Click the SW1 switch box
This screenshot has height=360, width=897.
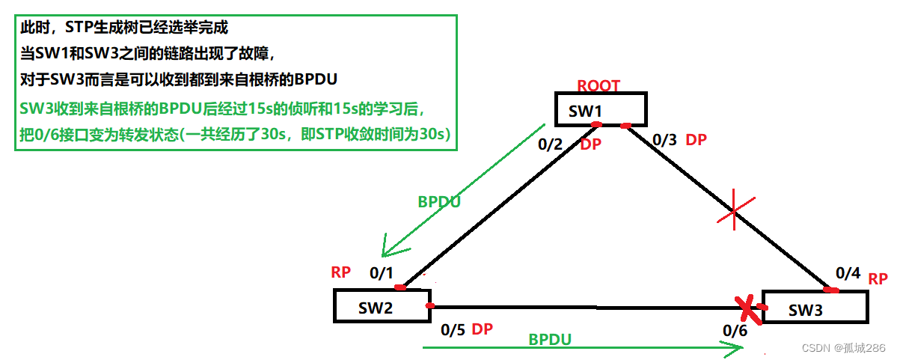pos(600,110)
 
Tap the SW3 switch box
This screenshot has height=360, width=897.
pos(814,307)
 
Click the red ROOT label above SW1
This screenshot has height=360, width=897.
pos(598,85)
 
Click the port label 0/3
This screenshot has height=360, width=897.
pos(665,139)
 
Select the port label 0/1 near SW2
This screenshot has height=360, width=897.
pos(382,273)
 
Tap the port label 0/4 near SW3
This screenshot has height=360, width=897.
pos(848,274)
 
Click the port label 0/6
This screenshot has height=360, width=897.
pos(735,330)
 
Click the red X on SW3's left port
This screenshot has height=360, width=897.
pos(747,308)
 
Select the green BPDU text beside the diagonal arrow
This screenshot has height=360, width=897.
pos(439,201)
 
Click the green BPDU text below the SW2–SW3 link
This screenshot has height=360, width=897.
pos(550,339)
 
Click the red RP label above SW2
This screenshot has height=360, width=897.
pos(341,272)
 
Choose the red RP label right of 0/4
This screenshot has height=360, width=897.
pos(878,278)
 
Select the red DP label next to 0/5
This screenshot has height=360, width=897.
pos(483,330)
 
